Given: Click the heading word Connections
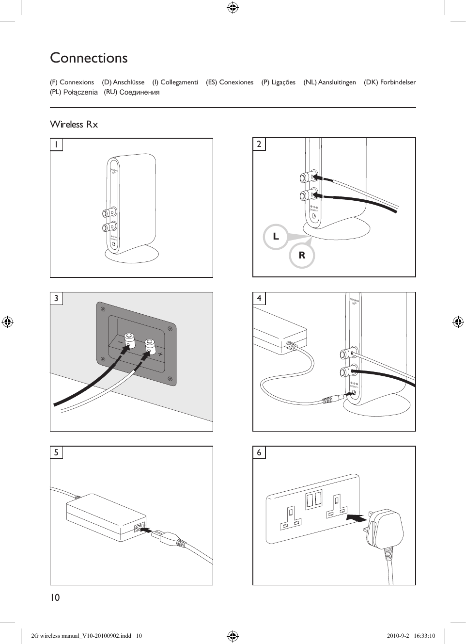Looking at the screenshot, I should (89, 58).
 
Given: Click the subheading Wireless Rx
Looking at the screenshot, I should (74, 125).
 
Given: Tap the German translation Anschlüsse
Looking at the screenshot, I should (128, 82).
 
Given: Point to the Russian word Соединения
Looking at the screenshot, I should (139, 92).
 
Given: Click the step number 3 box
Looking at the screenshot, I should (56, 298).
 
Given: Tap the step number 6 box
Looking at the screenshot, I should (259, 452).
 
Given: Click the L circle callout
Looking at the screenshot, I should (276, 237).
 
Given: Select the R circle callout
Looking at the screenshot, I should (302, 256).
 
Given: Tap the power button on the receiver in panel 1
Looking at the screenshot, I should (114, 244).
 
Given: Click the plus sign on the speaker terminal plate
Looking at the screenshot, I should (160, 354).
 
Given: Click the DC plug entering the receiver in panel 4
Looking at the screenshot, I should (334, 400).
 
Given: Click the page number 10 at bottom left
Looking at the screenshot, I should (55, 597).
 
